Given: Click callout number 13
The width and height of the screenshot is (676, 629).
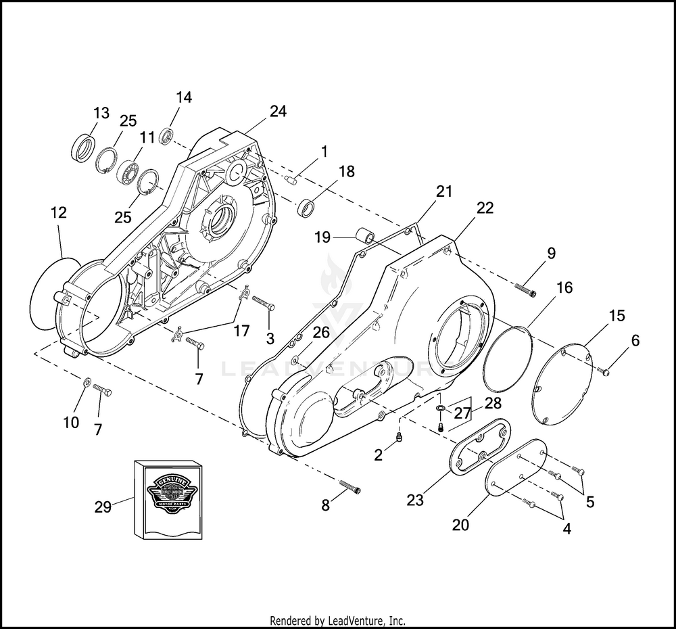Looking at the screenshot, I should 101,113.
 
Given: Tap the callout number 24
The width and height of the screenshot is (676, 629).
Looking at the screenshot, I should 278,112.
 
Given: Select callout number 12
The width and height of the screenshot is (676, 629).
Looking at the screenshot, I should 58,212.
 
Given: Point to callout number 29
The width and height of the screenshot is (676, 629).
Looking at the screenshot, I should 103,507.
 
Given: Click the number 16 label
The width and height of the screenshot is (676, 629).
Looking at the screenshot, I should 564,288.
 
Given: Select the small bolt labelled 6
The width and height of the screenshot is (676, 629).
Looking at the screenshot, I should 606,370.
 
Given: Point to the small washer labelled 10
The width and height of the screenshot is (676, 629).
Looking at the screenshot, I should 87,384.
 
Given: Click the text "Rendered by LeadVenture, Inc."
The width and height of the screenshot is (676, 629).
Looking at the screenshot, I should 337,621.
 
